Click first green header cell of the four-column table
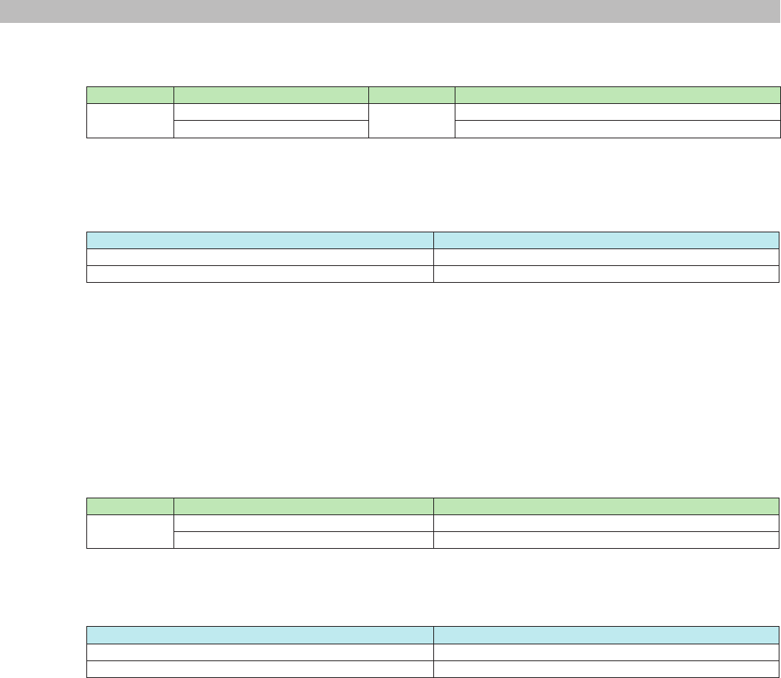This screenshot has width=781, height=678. (x=130, y=95)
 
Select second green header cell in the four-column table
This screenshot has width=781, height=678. (x=271, y=95)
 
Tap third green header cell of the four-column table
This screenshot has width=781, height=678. (x=411, y=95)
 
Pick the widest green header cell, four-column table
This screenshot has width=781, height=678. (x=617, y=95)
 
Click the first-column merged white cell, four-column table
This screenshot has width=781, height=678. (x=130, y=120)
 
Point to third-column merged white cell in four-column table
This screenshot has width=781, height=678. (x=411, y=120)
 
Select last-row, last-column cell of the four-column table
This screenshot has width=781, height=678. (x=617, y=128)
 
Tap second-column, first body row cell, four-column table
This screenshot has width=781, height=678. (x=271, y=112)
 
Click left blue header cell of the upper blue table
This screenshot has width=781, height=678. (x=260, y=240)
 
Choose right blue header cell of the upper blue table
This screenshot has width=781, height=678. (x=607, y=240)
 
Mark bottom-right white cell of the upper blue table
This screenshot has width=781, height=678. (x=607, y=274)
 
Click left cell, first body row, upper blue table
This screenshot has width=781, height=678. (x=260, y=257)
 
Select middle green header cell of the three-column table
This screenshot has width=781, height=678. (x=304, y=506)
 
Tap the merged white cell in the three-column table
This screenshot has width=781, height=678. (x=130, y=531)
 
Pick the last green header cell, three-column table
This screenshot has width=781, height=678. (x=607, y=506)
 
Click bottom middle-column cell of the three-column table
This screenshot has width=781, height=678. (x=304, y=540)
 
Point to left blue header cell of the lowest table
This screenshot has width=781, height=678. (x=260, y=636)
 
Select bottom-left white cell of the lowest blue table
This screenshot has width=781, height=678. (x=260, y=670)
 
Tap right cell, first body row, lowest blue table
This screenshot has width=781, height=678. (x=607, y=653)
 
